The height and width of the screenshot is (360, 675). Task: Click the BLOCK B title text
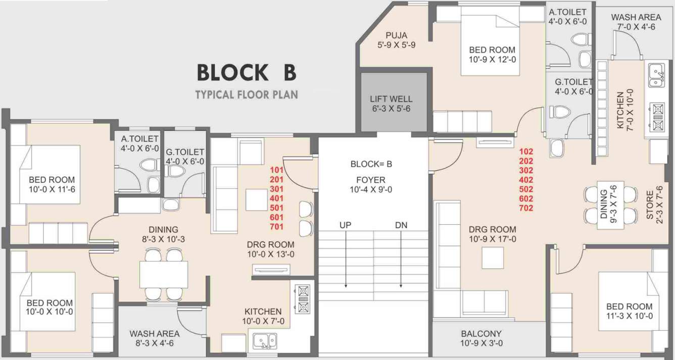[x=246, y=72]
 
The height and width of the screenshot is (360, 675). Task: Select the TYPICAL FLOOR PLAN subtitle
[x=246, y=94]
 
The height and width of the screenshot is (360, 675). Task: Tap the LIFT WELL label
[x=391, y=104]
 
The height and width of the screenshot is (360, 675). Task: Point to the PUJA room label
[x=396, y=40]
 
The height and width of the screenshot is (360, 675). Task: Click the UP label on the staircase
[x=346, y=225]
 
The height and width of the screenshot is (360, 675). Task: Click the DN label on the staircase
[x=401, y=225]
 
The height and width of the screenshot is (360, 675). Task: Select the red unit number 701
[x=276, y=226]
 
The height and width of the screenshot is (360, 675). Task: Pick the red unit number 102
[x=526, y=151]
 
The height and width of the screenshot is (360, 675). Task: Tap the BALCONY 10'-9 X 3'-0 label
[x=480, y=338]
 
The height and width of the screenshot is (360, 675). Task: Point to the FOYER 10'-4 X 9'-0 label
[x=370, y=185]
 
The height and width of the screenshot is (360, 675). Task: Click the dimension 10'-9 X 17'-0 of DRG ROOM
[x=492, y=239]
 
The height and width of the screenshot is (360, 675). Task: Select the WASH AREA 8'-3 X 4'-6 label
[x=154, y=338]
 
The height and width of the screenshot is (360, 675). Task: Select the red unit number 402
[x=526, y=179]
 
